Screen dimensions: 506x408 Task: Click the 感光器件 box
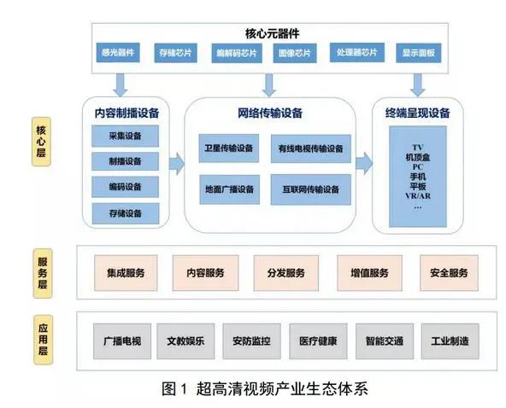tap(118, 53)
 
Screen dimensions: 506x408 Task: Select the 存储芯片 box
tap(175, 53)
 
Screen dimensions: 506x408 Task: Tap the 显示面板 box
tap(419, 53)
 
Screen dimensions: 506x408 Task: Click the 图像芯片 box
tap(295, 53)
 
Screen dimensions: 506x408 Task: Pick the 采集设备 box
tap(125, 136)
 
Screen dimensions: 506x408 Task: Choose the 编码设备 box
tap(125, 187)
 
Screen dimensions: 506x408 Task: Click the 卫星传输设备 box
tap(229, 149)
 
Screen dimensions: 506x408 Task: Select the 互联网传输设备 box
tap(311, 189)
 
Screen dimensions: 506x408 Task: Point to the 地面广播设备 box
tap(229, 189)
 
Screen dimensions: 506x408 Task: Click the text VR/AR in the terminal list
tap(418, 196)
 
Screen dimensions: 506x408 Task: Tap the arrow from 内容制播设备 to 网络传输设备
tap(177, 164)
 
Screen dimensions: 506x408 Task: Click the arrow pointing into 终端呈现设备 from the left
tap(364, 163)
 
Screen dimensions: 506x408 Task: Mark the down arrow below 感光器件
tap(121, 85)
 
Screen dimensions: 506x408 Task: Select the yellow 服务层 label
tap(43, 273)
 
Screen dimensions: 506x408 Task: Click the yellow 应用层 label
tap(43, 340)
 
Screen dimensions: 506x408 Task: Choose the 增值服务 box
tap(369, 273)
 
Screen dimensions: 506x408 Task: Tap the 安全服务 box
tap(449, 273)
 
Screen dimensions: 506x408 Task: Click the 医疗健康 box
tap(318, 341)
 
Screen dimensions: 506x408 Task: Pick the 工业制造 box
tap(450, 341)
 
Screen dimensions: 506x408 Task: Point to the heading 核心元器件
tap(273, 33)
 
